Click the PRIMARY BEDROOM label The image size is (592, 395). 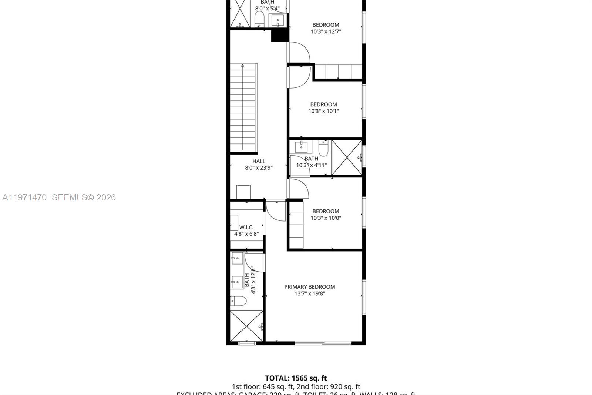309,287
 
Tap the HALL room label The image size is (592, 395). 259,161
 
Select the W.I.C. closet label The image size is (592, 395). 246,227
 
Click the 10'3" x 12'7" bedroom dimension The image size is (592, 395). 326,32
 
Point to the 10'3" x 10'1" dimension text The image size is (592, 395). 324,111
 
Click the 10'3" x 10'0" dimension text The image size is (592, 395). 326,218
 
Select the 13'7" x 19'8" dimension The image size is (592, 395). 309,294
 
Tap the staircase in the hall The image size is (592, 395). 243,107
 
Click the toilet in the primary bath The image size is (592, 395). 238,301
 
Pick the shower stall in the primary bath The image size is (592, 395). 246,326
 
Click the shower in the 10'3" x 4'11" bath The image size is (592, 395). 347,157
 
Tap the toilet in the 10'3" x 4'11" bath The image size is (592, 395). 323,148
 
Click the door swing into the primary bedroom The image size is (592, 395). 276,210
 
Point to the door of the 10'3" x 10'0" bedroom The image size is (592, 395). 298,189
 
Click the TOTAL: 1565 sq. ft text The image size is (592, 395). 296,378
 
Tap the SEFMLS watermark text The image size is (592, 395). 84,197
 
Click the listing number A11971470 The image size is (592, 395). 24,197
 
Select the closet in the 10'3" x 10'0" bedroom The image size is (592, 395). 296,225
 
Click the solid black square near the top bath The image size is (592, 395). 280,35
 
